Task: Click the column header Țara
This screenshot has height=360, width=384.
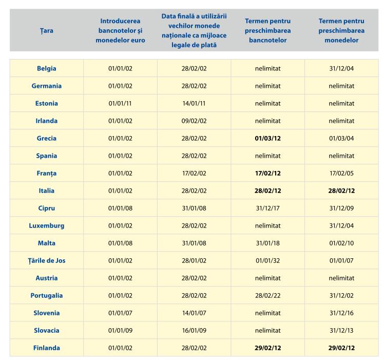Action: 47,31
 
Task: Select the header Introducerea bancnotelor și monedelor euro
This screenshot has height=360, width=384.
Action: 120,31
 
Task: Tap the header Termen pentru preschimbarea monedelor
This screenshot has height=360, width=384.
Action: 341,31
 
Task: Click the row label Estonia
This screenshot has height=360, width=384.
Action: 47,103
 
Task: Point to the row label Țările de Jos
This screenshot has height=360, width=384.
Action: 47,260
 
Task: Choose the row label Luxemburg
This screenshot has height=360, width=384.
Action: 47,225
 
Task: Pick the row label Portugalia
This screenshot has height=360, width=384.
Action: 47,295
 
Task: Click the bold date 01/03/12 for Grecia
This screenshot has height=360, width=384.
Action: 267,138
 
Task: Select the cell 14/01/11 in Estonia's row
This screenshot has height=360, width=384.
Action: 194,103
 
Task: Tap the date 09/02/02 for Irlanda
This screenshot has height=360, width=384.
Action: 194,121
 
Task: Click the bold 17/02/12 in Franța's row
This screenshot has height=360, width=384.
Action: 267,173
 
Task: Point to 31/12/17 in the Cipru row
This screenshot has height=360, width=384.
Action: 267,209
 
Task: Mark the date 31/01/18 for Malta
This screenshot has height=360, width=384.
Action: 267,243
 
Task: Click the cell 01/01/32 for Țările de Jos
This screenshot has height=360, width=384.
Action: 267,260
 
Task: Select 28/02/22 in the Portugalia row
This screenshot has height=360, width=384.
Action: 267,295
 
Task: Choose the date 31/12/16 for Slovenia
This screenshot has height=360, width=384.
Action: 341,313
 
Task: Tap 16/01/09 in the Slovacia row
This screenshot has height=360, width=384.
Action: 194,330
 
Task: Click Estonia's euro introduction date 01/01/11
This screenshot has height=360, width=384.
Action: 120,103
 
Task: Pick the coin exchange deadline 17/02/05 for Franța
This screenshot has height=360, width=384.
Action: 341,173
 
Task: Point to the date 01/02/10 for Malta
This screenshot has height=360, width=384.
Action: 341,243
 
